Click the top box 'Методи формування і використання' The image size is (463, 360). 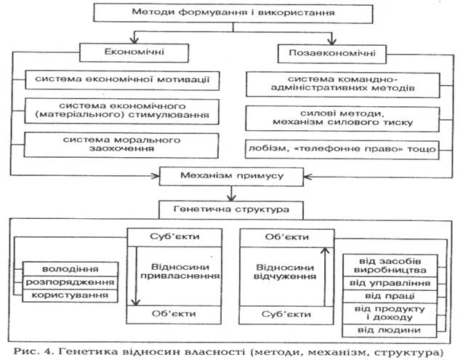tap(231, 13)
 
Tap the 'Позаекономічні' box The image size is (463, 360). tap(329, 53)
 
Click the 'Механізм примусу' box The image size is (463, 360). tap(231, 176)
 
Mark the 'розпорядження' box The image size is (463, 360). tap(71, 282)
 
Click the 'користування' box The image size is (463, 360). tap(71, 295)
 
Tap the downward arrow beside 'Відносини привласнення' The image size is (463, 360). tap(134, 276)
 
